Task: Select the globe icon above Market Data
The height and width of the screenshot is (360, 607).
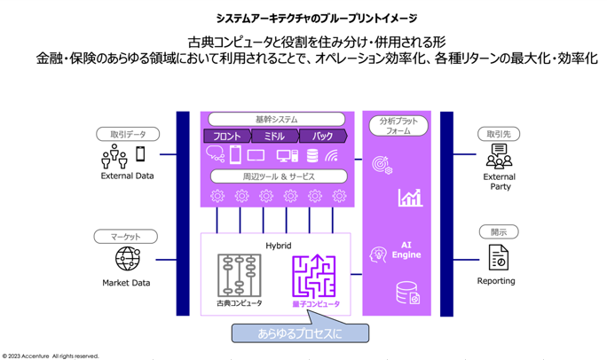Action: click(x=128, y=260)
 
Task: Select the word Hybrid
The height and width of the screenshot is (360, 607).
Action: click(x=278, y=245)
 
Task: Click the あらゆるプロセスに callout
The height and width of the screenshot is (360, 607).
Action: click(x=299, y=333)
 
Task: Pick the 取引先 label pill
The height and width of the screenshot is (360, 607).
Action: click(x=498, y=135)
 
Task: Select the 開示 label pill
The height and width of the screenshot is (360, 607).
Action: click(x=498, y=232)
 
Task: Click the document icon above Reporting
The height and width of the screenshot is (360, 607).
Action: click(x=498, y=257)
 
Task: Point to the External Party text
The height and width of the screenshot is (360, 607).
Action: click(x=500, y=182)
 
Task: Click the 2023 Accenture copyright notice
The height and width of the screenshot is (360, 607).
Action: click(x=51, y=356)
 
